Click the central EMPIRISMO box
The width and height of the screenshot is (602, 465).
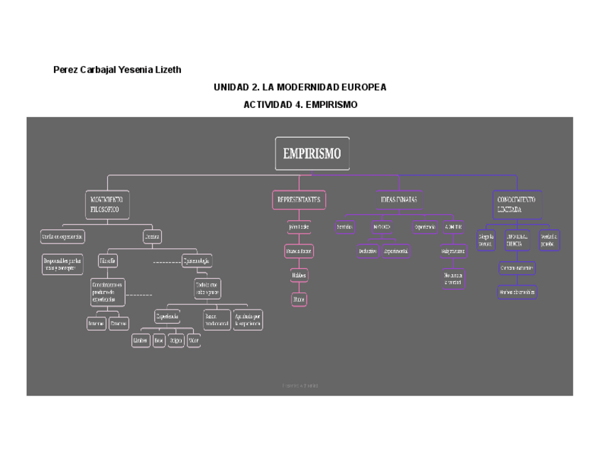312,153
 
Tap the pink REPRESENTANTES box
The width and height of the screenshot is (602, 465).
299,200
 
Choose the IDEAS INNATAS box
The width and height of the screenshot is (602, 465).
398,200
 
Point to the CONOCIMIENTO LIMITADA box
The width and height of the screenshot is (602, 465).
517,204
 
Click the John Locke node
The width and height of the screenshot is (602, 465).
299,227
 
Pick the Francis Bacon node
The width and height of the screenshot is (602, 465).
299,251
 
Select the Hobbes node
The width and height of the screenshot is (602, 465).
299,275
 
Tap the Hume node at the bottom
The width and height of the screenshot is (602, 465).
299,300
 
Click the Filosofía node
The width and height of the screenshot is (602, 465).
108,261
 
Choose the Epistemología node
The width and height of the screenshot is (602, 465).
197,261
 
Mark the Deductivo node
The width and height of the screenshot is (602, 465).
367,251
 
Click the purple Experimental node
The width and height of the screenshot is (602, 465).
396,251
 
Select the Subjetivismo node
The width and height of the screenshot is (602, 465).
452,251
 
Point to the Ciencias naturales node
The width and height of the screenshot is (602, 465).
516,268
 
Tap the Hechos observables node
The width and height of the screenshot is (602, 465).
516,292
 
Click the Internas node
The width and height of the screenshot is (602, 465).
97,324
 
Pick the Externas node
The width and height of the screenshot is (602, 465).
119,324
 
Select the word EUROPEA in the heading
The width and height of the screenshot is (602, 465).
363,87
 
